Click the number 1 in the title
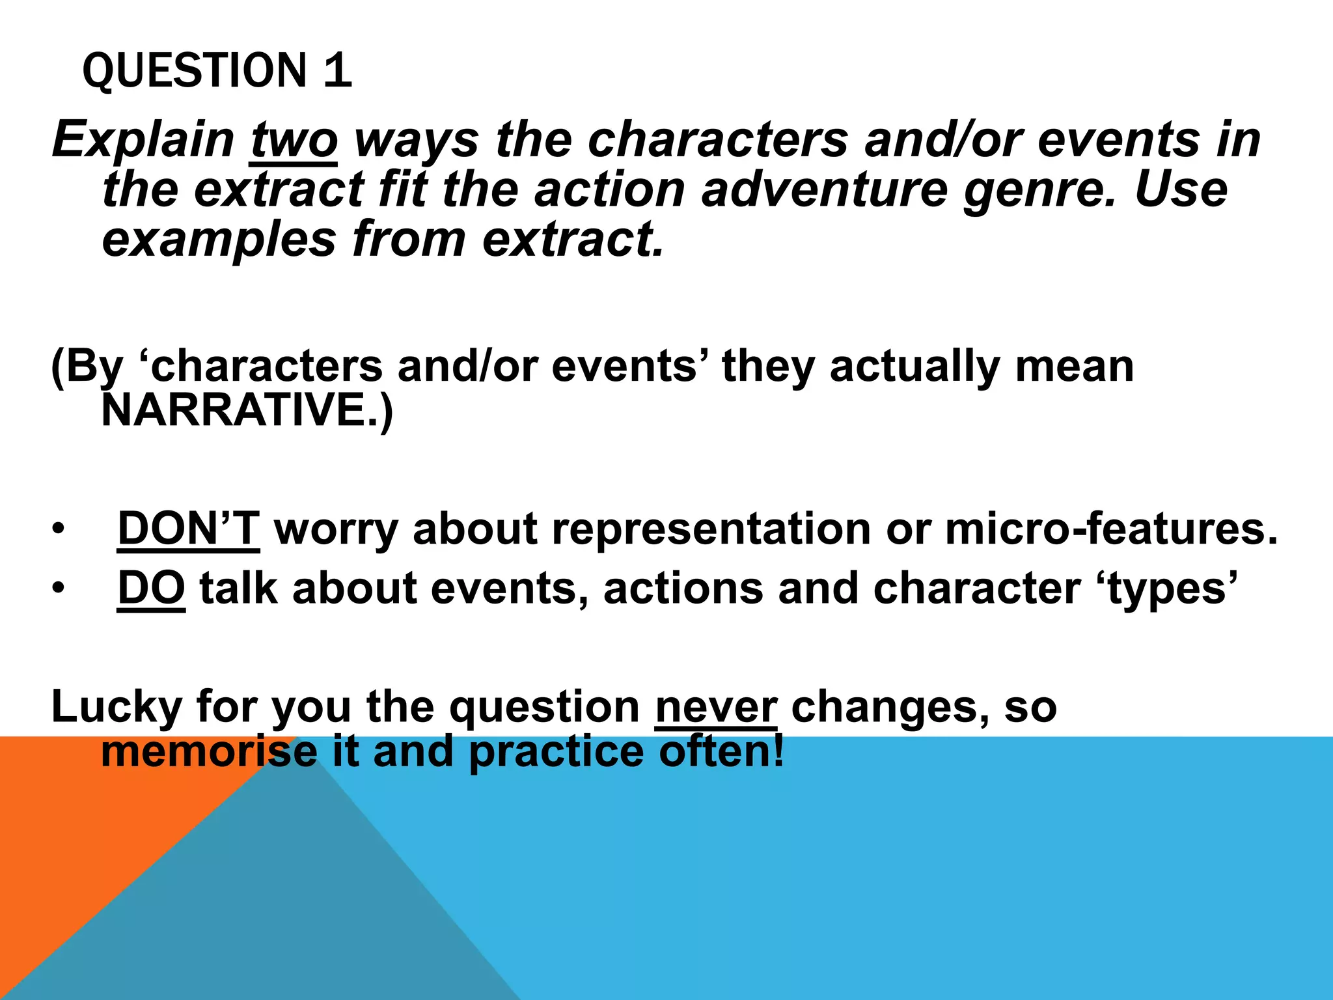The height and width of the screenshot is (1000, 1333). (337, 70)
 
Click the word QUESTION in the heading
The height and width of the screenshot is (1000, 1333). (194, 70)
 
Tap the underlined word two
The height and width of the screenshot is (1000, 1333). (294, 139)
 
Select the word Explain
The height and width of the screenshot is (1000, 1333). (143, 139)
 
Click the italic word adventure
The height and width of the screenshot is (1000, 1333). (824, 190)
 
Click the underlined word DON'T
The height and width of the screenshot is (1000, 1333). (188, 529)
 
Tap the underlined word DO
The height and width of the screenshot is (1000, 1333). (151, 589)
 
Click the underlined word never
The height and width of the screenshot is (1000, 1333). (716, 707)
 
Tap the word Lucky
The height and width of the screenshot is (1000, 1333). (116, 707)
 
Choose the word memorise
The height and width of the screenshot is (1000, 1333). (208, 752)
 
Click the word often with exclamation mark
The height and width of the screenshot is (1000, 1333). (721, 752)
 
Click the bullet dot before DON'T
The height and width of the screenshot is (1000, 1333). (59, 529)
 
